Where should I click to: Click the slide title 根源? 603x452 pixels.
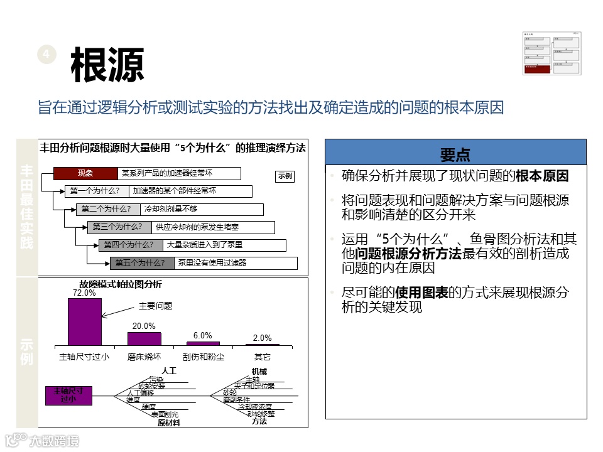pos(107,65)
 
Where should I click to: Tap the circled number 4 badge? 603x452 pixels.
pos(46,55)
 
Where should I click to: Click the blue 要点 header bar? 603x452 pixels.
pos(455,154)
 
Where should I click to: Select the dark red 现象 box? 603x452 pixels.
pos(85,174)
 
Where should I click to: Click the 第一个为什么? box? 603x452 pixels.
pos(95,191)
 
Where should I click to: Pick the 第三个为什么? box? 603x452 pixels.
pos(117,227)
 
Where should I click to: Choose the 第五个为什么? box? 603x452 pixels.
pos(140,263)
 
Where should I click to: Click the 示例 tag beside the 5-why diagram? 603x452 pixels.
pos(285,177)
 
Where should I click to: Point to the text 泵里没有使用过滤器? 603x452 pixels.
pos(212,263)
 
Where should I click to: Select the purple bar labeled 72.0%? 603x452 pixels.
pos(84,321)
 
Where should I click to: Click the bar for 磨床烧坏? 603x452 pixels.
pos(144,338)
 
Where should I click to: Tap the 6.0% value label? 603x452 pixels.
pos(203,336)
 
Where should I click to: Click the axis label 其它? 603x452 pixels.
pos(263,357)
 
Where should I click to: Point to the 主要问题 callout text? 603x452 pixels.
pos(156,306)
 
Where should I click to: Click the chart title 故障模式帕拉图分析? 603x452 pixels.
pos(121,284)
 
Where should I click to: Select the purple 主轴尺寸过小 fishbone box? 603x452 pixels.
pos(68,395)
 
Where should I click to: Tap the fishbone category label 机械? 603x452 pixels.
pos(259,372)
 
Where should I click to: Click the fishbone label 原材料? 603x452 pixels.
pos(169,423)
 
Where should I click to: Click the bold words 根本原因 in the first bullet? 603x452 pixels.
pos(543,176)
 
